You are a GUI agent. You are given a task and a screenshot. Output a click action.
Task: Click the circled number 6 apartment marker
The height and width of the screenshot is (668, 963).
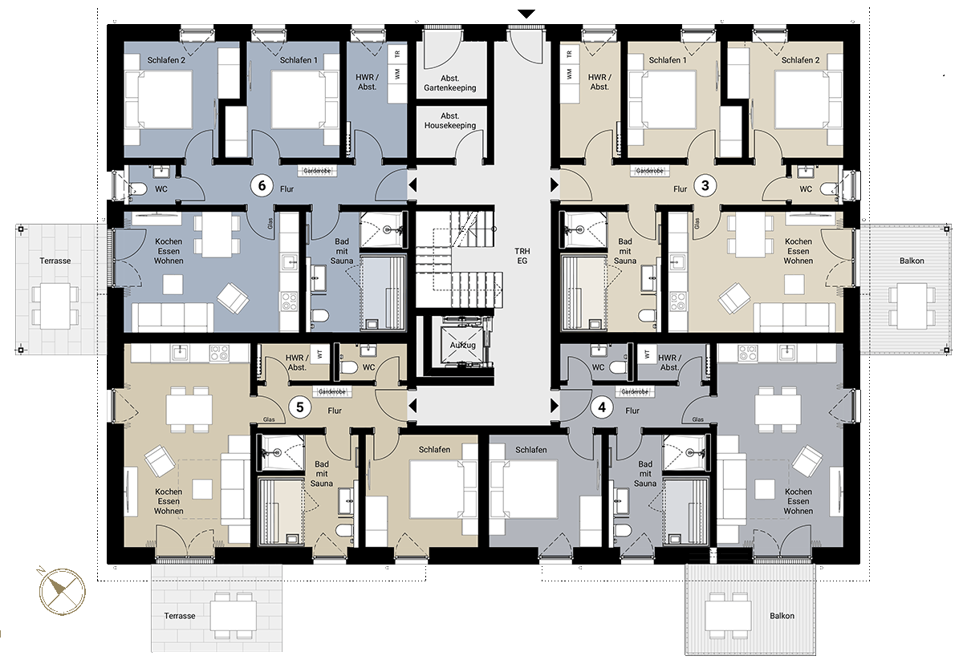coord(262,185)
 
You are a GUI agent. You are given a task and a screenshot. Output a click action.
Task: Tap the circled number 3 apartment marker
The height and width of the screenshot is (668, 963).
coord(705,185)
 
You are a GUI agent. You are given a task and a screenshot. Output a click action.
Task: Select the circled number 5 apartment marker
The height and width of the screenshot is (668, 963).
coord(299,407)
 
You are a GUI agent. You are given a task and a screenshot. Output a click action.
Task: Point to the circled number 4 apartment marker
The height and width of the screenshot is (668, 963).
coord(601,407)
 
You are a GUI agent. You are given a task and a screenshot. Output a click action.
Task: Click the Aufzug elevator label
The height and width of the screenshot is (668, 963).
coord(462,345)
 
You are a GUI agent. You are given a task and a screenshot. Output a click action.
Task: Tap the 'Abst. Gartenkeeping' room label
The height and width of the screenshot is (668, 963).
coord(449,83)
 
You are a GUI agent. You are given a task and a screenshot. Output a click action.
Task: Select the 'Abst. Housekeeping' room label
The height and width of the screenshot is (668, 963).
coord(449,121)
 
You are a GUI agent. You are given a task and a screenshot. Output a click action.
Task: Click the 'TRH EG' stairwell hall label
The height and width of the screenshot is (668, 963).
coord(522,256)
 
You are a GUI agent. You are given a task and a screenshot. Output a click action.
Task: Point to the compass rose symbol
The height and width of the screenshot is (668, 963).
coord(63,591)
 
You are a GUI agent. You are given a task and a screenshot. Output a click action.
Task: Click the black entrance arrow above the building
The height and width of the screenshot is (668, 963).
coord(526,14)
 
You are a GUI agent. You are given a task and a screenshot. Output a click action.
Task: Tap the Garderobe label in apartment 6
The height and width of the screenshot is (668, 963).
coord(317,171)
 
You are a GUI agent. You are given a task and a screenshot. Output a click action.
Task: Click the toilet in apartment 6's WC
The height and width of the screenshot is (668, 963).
coord(137,188)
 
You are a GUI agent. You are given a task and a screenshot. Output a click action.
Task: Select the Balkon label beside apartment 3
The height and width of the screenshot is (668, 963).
coord(912,261)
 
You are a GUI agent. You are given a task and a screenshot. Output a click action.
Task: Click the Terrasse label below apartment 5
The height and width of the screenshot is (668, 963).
coord(179,616)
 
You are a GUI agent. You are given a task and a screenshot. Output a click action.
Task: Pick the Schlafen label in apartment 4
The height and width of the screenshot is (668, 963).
coord(531,450)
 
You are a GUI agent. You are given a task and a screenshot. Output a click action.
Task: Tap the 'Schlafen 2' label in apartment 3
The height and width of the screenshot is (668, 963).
coord(800,60)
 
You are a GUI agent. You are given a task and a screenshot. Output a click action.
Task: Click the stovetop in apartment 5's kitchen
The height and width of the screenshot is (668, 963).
coord(219,353)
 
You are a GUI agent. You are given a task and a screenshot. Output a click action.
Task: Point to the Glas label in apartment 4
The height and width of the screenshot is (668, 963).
coord(697,419)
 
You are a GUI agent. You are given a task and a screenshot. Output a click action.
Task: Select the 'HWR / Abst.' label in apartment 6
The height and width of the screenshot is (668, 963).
coord(368,82)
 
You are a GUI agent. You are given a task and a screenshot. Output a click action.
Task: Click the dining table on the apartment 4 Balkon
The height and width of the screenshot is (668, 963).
coord(728,616)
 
